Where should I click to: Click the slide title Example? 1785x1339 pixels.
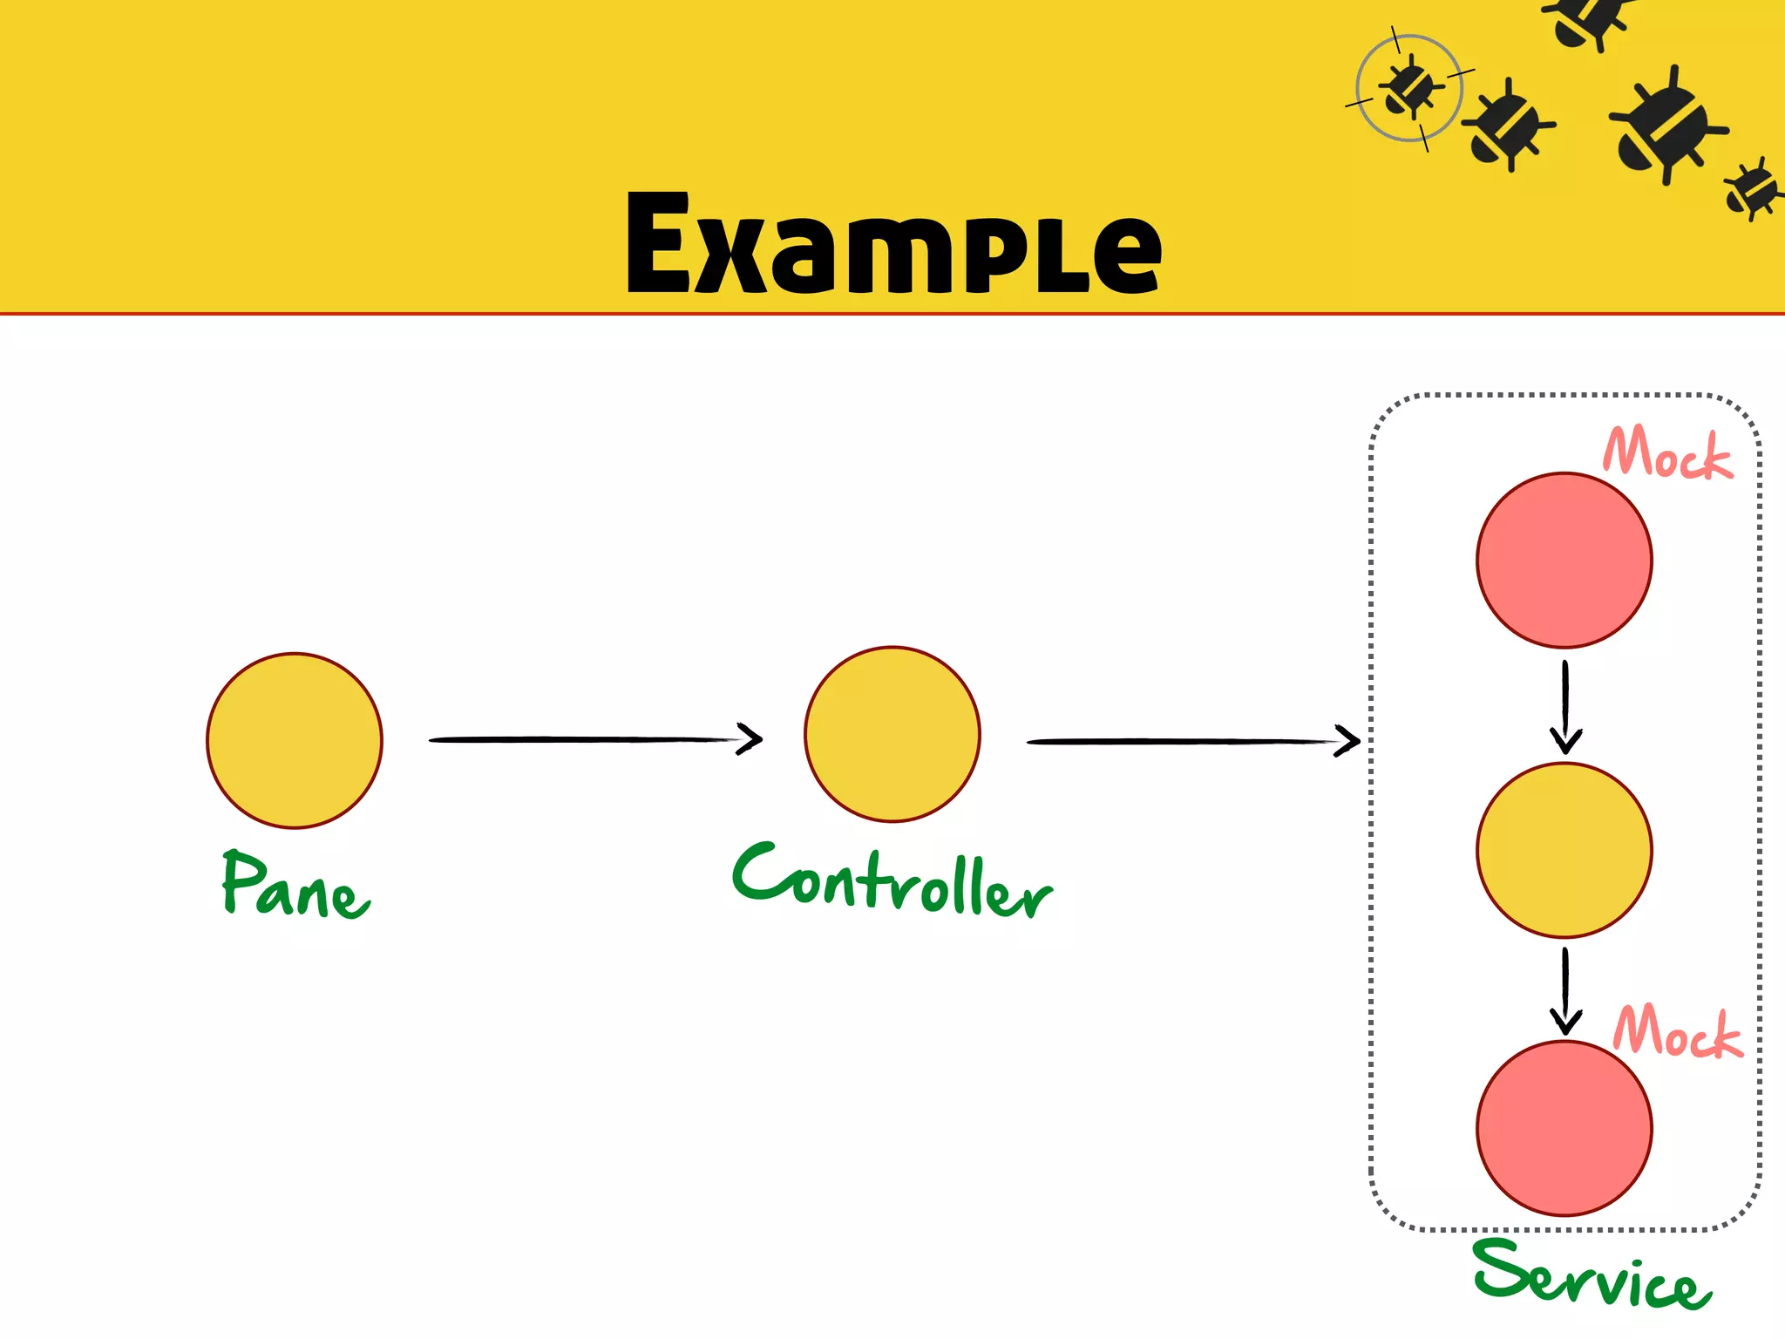tap(893, 243)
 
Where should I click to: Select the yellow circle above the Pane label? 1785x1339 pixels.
tap(295, 740)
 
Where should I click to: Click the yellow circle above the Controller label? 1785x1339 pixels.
tap(892, 734)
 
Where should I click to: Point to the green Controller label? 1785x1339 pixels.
tap(892, 881)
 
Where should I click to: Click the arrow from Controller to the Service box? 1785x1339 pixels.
tap(1193, 742)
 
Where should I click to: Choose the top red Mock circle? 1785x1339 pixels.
tap(1564, 561)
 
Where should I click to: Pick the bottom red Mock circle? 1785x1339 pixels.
tap(1564, 1128)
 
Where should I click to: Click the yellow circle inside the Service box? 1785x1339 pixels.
tap(1564, 850)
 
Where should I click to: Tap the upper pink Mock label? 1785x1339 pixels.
tap(1667, 453)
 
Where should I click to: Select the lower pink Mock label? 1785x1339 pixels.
tap(1678, 1032)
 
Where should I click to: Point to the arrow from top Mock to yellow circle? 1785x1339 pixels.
tap(1565, 706)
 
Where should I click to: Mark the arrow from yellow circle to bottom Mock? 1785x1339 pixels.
tap(1565, 991)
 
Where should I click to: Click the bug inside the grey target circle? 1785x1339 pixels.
tap(1409, 88)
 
